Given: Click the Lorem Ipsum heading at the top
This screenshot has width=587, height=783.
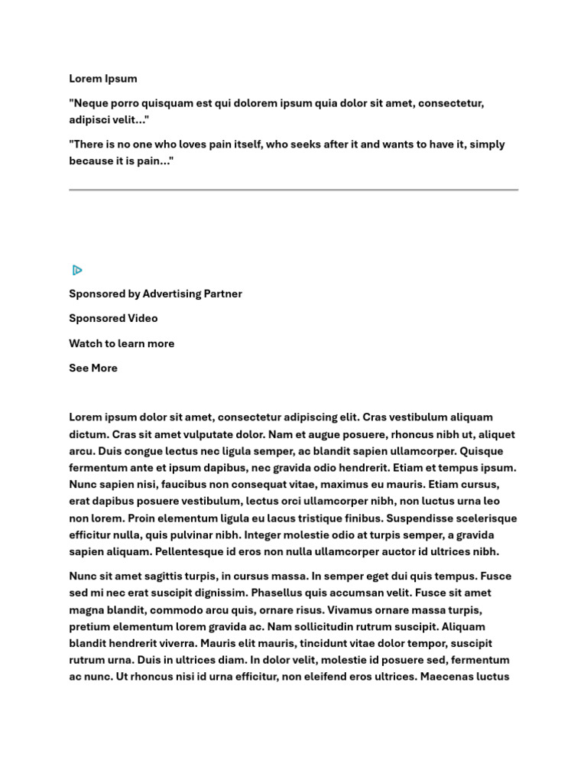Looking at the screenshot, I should pos(103,78).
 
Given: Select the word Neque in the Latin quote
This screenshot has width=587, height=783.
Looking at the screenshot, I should pos(90,102).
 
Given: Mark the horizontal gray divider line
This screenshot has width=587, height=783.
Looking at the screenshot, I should pos(293,189).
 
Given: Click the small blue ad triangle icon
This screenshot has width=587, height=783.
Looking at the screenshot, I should pos(77,270).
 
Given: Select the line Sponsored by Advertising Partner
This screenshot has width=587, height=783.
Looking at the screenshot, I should pos(155,294).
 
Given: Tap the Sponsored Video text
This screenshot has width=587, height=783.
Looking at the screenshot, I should pos(113,318).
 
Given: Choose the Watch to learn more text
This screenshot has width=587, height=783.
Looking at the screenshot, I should pos(122,343).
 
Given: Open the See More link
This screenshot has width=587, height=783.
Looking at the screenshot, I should pos(93,368).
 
